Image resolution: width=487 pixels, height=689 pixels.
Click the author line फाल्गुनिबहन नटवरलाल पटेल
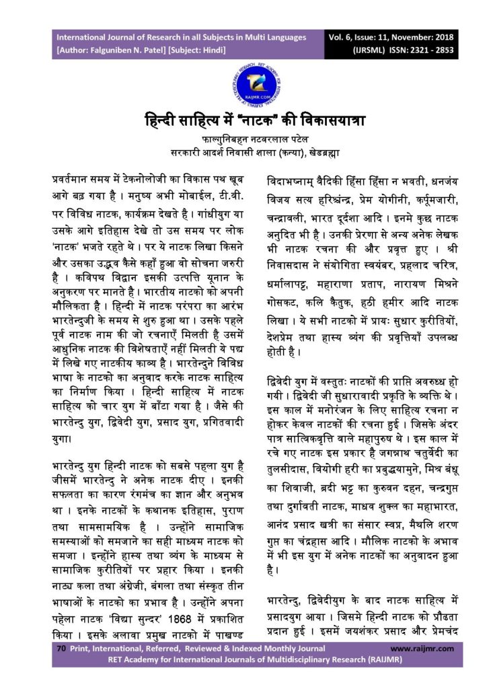(x=243, y=139)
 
